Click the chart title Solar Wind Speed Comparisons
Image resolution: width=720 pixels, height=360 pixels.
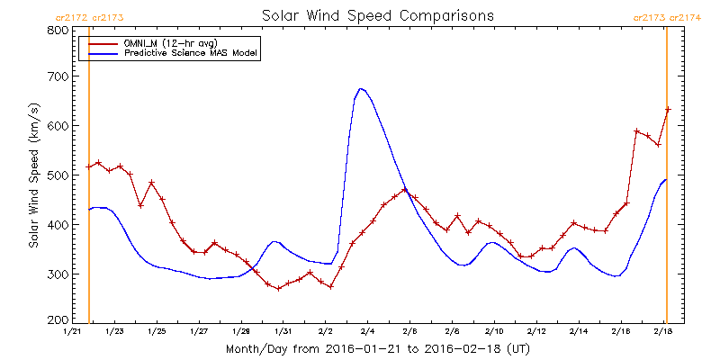pos(377,16)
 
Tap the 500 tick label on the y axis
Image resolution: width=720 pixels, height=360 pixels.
pos(57,175)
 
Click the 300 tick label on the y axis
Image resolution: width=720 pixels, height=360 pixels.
pos(57,274)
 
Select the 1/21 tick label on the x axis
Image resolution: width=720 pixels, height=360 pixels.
pos(72,331)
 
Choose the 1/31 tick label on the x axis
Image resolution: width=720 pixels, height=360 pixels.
pos(283,331)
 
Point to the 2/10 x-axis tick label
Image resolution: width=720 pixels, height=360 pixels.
pos(494,331)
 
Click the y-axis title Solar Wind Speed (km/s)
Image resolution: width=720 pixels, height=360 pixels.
pos(34,175)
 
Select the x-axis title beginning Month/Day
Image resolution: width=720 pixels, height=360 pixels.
pos(378,347)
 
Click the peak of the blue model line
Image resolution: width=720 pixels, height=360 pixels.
pos(361,88)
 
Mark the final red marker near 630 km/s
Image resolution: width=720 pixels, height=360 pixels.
pos(668,110)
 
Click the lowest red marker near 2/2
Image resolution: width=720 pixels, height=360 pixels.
pos(331,286)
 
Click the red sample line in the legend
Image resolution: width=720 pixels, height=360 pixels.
pos(100,43)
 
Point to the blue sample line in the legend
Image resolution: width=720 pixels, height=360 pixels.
pos(100,54)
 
